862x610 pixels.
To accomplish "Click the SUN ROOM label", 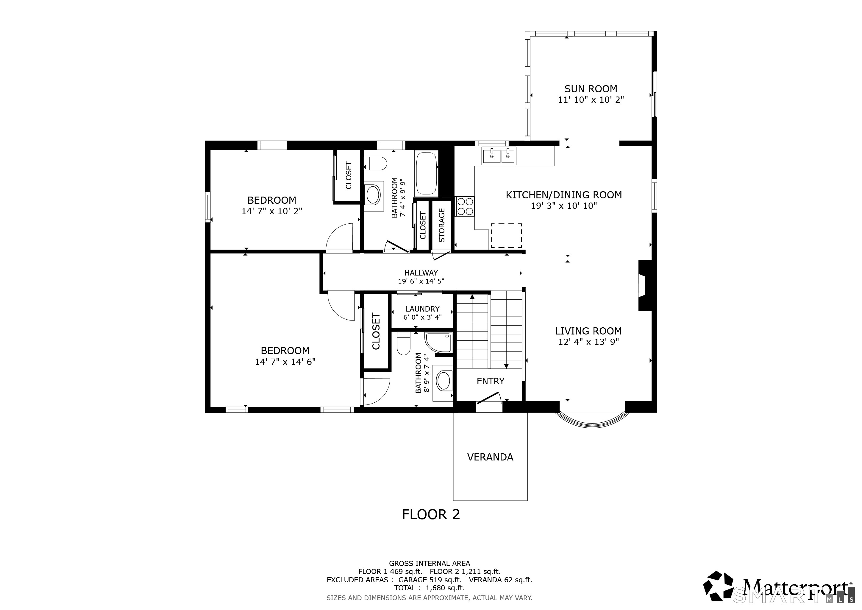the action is click(x=591, y=89).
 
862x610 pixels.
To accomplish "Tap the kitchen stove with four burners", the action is click(x=465, y=206).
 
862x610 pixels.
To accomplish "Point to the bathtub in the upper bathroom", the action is click(x=427, y=174).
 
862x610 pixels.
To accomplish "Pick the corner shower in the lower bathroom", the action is click(x=438, y=342).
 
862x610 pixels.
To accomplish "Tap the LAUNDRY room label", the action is click(x=422, y=309).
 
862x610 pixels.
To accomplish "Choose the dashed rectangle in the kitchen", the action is click(x=506, y=236).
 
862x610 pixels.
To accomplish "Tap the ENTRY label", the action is click(x=490, y=381).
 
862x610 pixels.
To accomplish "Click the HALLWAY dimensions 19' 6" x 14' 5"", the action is click(x=421, y=281).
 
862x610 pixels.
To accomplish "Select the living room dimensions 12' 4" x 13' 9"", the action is click(x=588, y=342).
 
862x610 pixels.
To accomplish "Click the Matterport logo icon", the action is click(x=718, y=588).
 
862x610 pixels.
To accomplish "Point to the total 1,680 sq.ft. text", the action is click(x=429, y=588).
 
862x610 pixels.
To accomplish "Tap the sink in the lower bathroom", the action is click(x=444, y=381).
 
